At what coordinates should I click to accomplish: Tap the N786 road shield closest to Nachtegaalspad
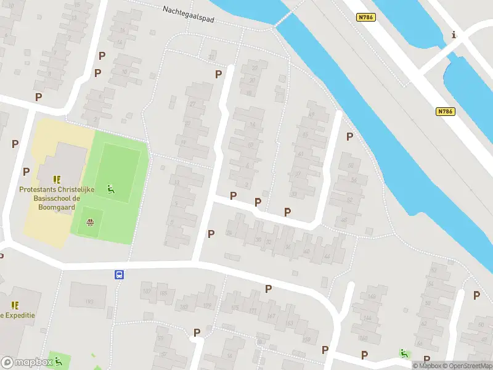pos(365,17)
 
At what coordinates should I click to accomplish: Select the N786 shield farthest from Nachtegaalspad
pos(445,111)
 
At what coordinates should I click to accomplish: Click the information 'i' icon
pos(454,35)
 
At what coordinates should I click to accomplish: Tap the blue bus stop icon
pos(118,275)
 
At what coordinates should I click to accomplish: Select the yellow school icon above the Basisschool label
pos(57,180)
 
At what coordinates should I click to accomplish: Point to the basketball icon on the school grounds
pos(91,223)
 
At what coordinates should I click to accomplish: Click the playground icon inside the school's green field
pos(111,189)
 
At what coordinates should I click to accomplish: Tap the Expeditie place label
pos(17,315)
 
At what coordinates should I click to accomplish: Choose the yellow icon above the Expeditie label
pos(15,305)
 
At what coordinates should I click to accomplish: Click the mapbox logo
pos(26,363)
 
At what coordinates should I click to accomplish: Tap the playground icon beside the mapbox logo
pos(59,361)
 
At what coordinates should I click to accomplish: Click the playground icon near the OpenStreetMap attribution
pos(404,353)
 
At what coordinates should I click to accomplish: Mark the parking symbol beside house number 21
pos(218,74)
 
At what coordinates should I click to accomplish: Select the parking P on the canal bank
pos(350,136)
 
